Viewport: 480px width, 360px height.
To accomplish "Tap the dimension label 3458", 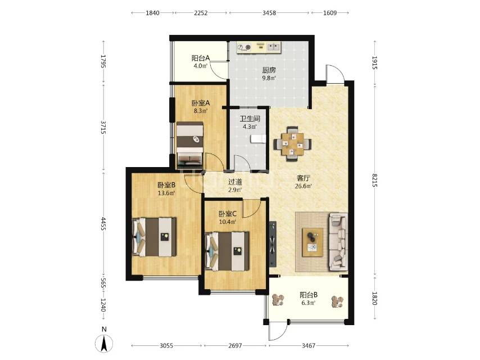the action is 269,13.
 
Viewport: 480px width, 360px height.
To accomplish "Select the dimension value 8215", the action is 375,180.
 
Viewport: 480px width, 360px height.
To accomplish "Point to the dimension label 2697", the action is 235,345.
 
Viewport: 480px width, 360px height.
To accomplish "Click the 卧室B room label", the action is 166,185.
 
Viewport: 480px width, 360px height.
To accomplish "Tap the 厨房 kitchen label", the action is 269,70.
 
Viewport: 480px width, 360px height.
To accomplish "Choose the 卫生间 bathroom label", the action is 250,119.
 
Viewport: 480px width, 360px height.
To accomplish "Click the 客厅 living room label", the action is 304,178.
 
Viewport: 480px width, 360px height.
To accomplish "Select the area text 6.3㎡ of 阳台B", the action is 308,303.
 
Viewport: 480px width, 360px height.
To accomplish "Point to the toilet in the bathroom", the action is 258,139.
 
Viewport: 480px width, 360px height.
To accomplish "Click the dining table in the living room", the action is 293,143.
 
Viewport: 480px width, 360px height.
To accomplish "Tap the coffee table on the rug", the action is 313,242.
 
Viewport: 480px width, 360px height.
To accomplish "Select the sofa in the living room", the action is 338,242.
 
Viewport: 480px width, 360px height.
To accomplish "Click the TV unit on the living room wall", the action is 273,244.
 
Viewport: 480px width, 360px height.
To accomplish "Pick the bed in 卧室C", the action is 227,251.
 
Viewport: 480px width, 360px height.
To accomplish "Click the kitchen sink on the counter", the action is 274,47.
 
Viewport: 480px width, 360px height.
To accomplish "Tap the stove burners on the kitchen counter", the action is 244,47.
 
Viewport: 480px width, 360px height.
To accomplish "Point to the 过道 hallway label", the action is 235,182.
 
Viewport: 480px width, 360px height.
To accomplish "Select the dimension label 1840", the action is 152,13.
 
